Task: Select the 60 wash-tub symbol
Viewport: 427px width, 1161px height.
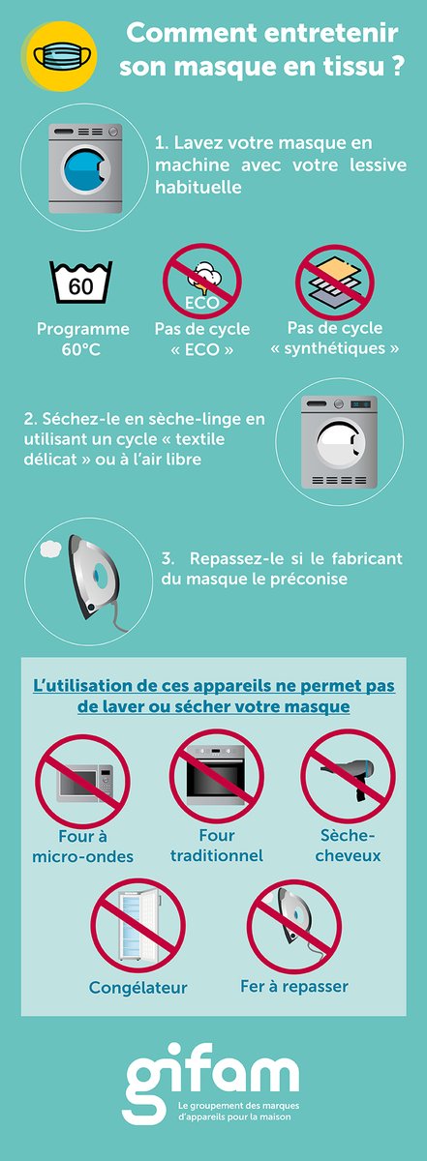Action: click(81, 283)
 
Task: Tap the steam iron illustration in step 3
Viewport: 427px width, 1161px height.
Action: click(92, 580)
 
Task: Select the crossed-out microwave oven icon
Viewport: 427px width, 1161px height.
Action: click(82, 780)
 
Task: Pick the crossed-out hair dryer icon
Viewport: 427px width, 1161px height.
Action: click(348, 778)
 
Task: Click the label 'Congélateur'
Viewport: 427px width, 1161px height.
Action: click(137, 988)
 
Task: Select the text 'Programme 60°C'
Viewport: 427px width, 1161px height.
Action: click(83, 339)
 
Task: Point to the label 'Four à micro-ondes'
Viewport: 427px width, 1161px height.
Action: click(82, 847)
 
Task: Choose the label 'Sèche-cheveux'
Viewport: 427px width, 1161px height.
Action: click(349, 845)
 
